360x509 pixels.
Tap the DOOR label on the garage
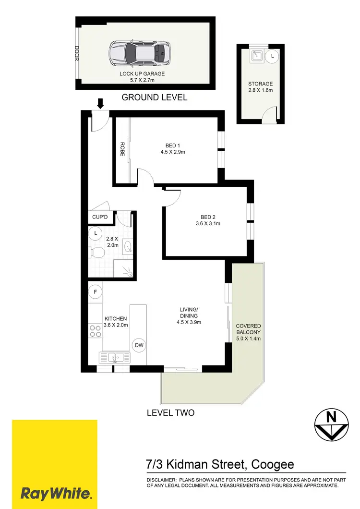click(x=76, y=54)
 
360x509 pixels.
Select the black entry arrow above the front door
click(x=101, y=103)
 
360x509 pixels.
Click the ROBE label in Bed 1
click(x=122, y=150)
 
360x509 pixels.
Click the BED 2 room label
click(x=206, y=216)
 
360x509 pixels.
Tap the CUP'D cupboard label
click(x=100, y=218)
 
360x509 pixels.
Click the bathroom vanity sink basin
click(x=128, y=247)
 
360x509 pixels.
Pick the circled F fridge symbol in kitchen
click(x=96, y=292)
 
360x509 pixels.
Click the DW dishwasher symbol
click(x=139, y=345)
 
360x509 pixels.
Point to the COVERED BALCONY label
click(x=248, y=332)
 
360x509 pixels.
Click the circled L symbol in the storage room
click(x=273, y=56)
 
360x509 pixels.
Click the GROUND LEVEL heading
click(x=155, y=97)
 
